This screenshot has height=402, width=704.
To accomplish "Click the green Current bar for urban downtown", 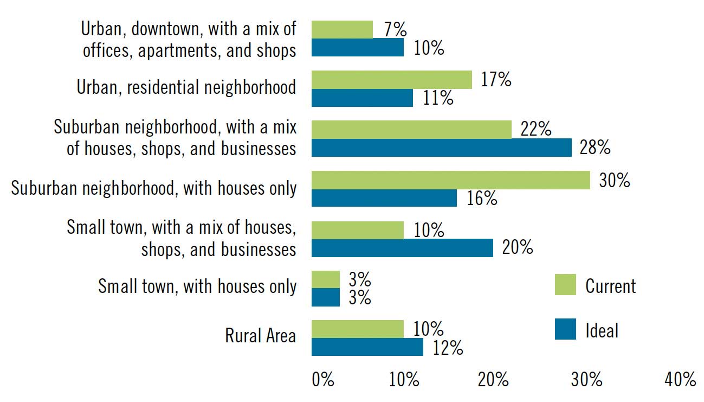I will click(x=342, y=29).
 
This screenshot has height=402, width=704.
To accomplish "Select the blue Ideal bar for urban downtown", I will click(x=358, y=48).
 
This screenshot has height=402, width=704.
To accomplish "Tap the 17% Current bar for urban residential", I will click(x=391, y=79).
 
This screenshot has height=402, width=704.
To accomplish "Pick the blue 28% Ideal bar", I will click(x=441, y=148).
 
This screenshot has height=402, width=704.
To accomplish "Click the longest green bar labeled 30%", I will click(x=450, y=180).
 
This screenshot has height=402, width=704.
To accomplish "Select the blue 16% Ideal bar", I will click(x=384, y=198).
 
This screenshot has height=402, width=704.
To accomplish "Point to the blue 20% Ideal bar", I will click(x=402, y=248).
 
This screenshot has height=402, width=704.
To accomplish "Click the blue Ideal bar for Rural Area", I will click(x=367, y=347).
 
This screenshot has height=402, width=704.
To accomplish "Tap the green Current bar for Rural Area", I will click(x=358, y=329).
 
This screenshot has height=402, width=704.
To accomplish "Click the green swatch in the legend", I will click(x=565, y=285).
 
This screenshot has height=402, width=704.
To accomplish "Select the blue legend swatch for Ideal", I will click(x=565, y=329).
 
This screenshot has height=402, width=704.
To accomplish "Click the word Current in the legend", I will click(x=611, y=285).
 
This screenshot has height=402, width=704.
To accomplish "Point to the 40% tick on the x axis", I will click(x=680, y=380).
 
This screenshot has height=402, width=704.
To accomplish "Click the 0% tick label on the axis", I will click(x=323, y=380).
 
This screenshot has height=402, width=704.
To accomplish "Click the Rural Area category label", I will click(x=261, y=336).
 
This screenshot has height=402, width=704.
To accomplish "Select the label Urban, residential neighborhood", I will click(x=186, y=87).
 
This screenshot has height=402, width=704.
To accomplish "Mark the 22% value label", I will click(x=535, y=130).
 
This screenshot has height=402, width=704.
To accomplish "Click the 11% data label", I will click(x=438, y=98).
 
